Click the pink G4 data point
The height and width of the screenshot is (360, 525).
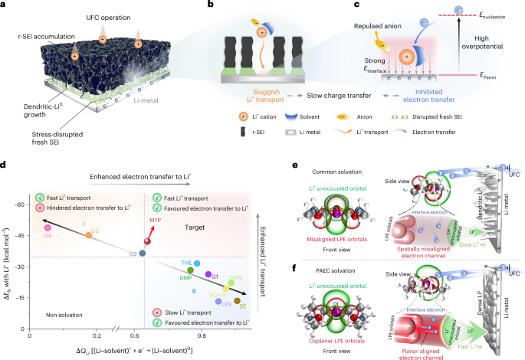tap(48, 227)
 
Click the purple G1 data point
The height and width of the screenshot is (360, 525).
tap(208, 273)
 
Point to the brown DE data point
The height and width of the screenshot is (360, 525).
tap(238, 301)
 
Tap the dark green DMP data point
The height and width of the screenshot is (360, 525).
tap(191, 270)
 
